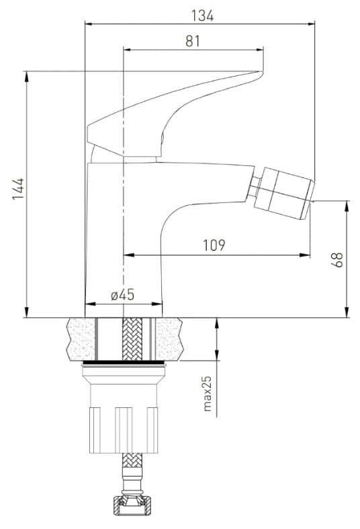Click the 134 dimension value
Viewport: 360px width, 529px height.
tap(202, 15)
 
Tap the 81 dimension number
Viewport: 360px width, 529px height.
tap(193, 41)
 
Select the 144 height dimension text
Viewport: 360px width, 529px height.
tap(18, 189)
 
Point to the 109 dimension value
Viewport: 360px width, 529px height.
tap(214, 245)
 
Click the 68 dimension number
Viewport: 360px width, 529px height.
tap(337, 259)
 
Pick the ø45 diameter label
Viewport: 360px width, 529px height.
tap(122, 295)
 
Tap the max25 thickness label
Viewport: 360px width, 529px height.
tap(208, 394)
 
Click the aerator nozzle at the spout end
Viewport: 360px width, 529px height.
tap(284, 193)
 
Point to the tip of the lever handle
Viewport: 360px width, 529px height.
tap(262, 71)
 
